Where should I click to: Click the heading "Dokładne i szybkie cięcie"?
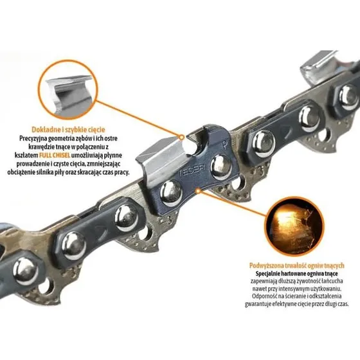(68, 129)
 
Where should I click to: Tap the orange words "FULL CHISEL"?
(55, 155)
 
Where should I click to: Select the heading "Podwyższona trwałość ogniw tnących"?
(297, 265)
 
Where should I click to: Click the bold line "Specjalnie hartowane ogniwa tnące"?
(296, 274)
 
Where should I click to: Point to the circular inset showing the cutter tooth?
(68, 90)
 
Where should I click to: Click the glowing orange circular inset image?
(295, 226)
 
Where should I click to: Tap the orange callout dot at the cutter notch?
(181, 138)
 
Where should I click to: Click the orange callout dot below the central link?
(198, 191)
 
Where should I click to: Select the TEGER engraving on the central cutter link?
(192, 170)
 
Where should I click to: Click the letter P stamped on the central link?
(224, 145)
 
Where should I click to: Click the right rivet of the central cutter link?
(221, 167)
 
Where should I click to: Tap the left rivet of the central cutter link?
(171, 194)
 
